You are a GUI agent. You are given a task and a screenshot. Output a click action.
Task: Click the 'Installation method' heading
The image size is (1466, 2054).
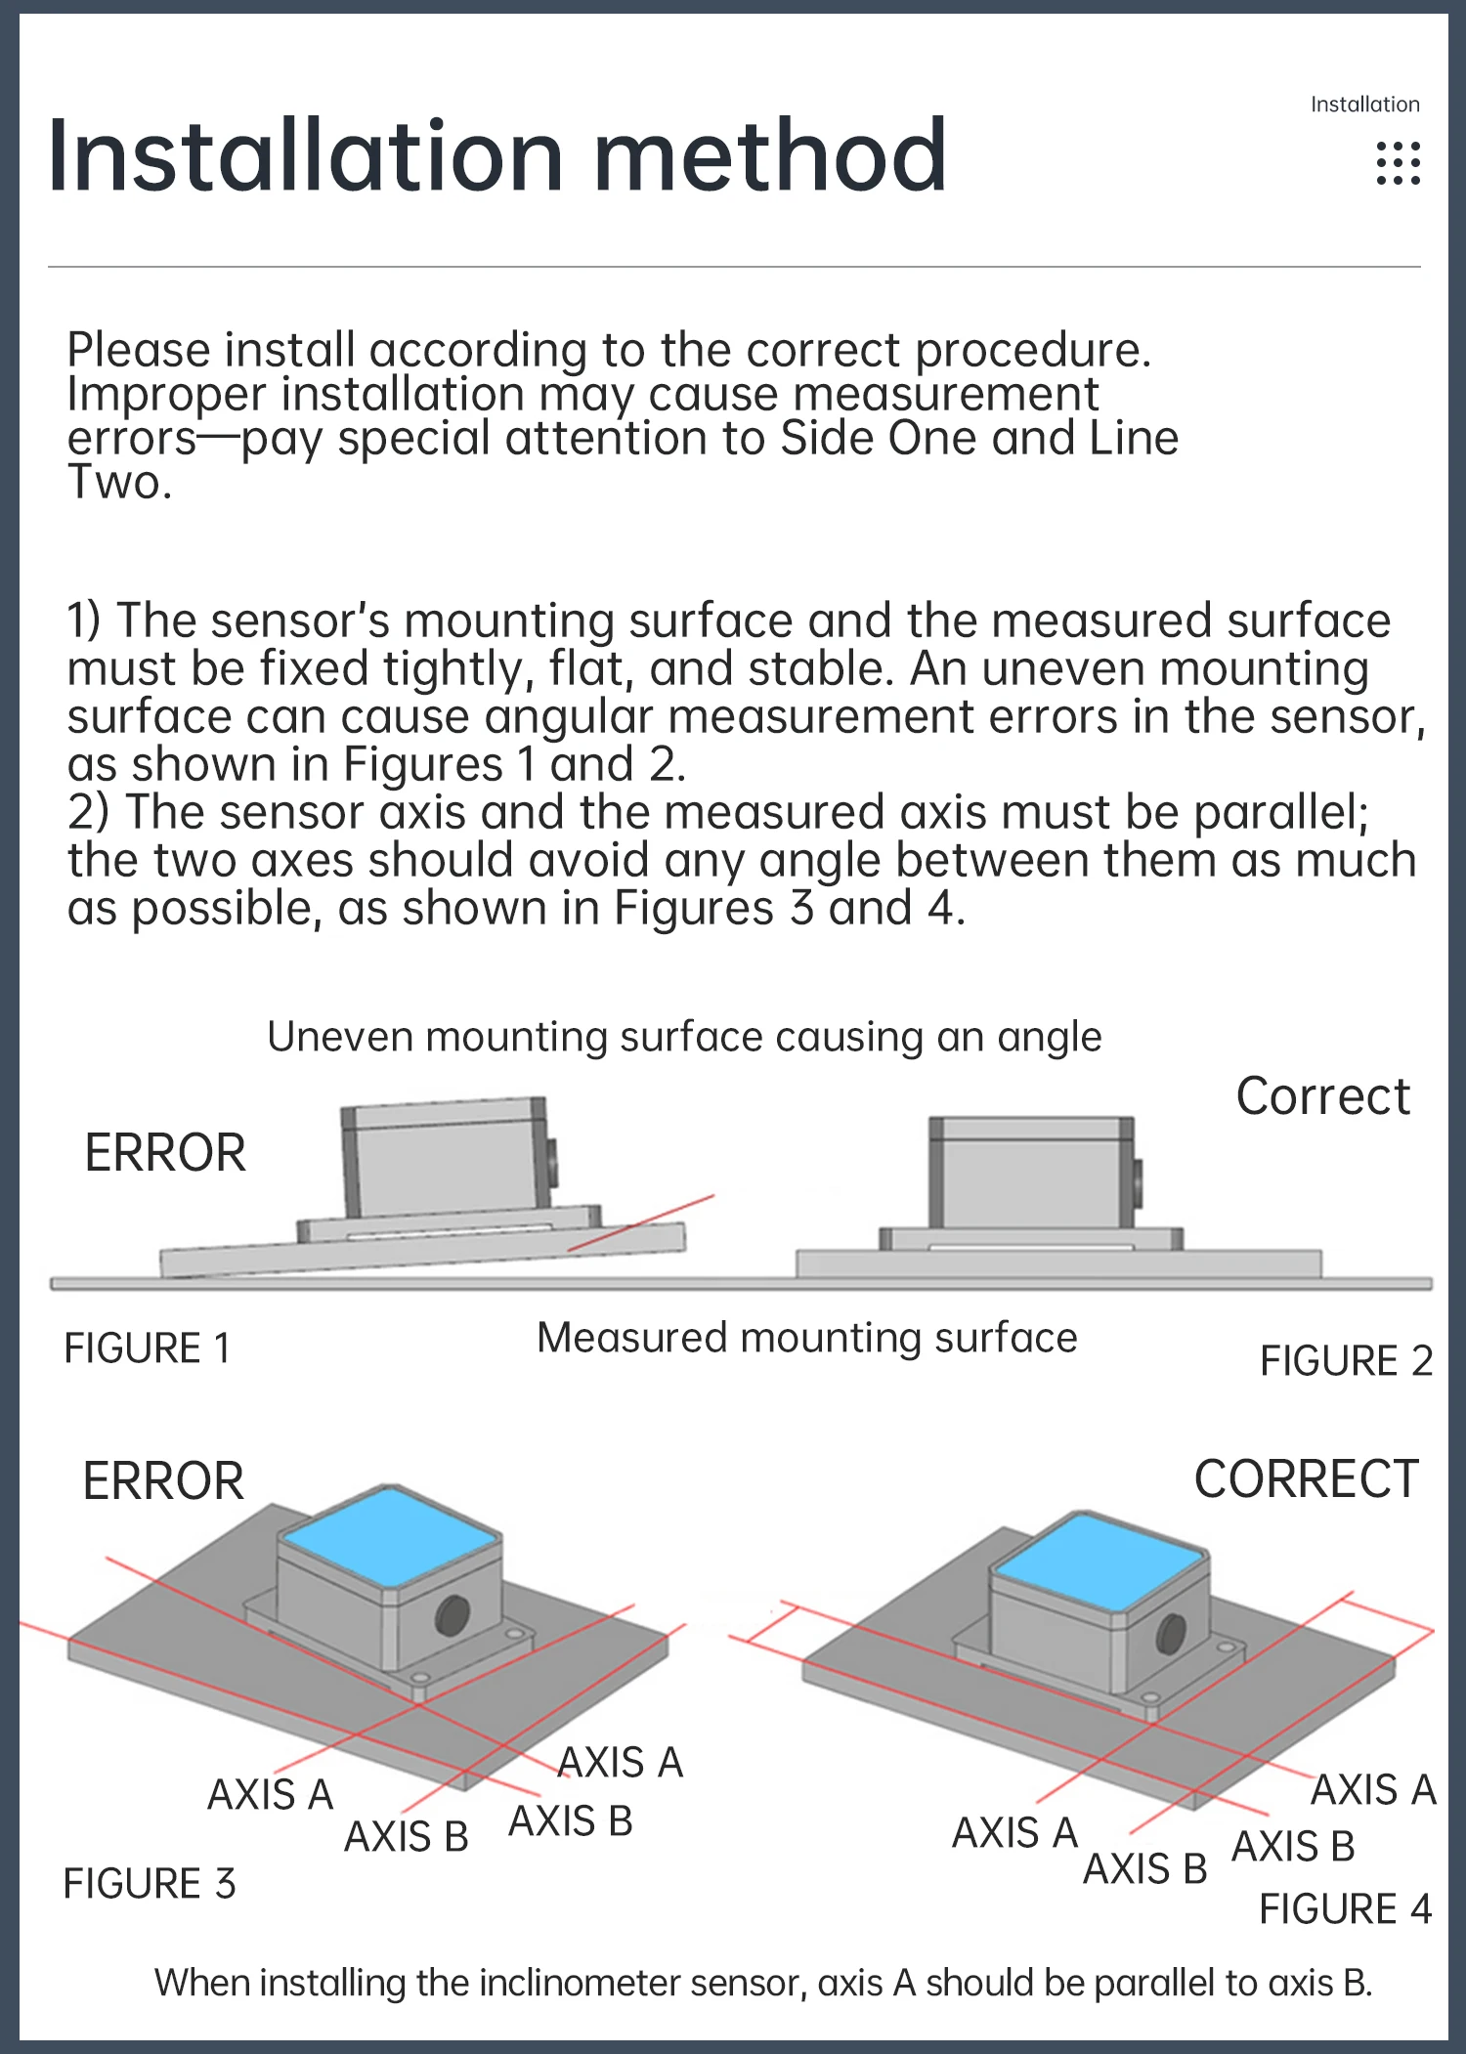496,156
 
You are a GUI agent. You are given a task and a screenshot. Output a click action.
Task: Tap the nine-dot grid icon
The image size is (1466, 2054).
1398,163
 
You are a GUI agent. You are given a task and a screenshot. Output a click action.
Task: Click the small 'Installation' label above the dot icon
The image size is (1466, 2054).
1364,105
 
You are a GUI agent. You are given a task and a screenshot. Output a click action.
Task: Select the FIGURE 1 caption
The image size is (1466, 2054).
148,1348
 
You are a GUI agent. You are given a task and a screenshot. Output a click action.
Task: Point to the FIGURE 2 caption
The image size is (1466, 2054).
1346,1360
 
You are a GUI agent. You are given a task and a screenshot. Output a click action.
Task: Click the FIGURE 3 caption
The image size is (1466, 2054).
150,1883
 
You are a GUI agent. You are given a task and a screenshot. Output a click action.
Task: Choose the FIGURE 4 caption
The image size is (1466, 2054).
1345,1908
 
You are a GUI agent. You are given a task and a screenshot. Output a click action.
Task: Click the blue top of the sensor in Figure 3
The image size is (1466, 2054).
389,1536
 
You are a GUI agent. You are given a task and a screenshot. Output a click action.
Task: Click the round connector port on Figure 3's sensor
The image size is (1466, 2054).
452,1614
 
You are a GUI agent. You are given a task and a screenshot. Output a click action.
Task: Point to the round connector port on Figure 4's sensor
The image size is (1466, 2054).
1170,1633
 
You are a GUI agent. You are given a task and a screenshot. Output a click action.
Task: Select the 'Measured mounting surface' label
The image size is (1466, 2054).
806,1337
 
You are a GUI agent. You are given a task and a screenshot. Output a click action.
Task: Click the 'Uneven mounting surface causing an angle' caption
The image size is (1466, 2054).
684,1037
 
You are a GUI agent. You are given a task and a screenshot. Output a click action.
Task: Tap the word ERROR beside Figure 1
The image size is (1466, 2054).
165,1152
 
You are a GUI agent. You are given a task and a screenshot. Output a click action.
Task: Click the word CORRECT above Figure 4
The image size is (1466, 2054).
1306,1478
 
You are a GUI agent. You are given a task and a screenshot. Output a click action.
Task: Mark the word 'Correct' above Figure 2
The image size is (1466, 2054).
1322,1095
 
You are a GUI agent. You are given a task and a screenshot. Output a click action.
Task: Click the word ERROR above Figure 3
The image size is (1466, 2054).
163,1480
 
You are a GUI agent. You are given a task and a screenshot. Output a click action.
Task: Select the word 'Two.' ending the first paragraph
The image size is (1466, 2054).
119,482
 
